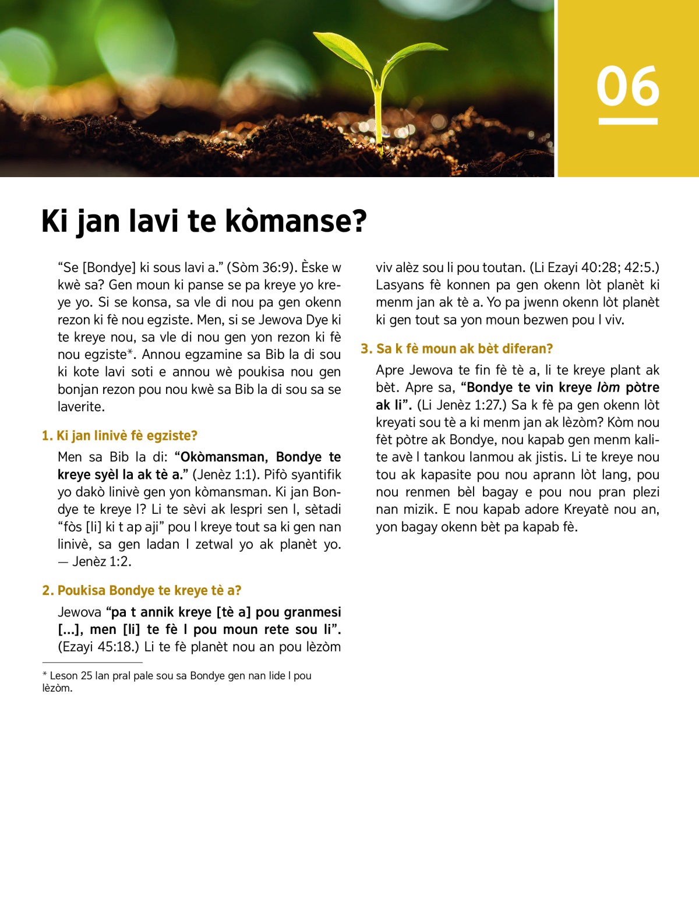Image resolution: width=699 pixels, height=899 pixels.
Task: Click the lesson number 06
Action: tap(628, 86)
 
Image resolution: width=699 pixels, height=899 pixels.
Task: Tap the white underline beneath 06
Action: tap(628, 121)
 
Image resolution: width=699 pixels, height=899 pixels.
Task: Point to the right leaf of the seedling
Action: tap(408, 55)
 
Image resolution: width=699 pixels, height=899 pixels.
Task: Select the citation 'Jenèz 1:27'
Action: tap(462, 405)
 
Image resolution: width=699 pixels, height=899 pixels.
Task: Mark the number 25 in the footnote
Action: tap(86, 676)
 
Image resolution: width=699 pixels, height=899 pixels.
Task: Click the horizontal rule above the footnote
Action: tap(92, 662)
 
